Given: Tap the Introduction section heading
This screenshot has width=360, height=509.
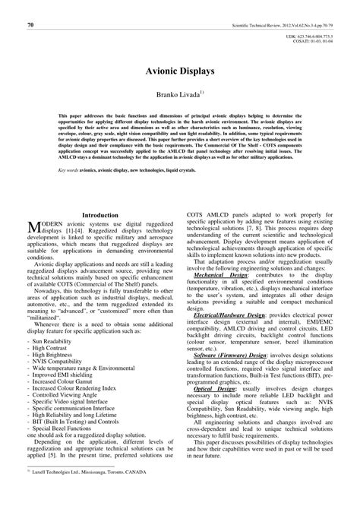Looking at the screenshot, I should click(x=104, y=216).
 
